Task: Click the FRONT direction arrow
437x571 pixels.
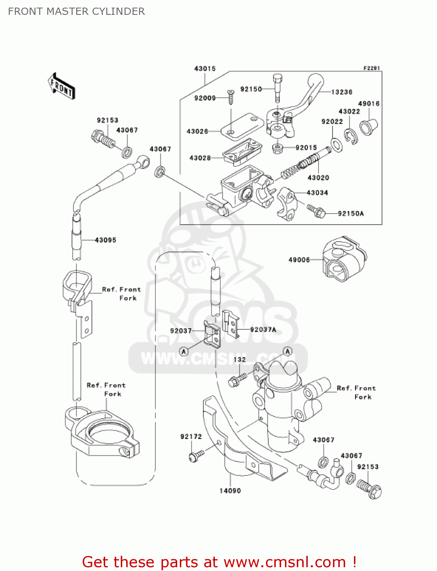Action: pos(61,86)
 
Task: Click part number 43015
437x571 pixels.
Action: pos(205,69)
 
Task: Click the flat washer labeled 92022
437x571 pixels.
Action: pos(336,144)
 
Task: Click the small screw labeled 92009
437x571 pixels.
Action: pos(231,97)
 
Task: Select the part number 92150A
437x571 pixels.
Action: pos(351,214)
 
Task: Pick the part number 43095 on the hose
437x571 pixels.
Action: pos(105,240)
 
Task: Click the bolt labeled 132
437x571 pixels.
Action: pos(237,380)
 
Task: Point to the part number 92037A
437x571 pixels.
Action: pos(263,330)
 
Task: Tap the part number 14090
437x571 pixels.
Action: pos(230,491)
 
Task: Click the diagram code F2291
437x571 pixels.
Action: pos(371,68)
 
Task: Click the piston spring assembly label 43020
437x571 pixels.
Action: pos(318,178)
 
